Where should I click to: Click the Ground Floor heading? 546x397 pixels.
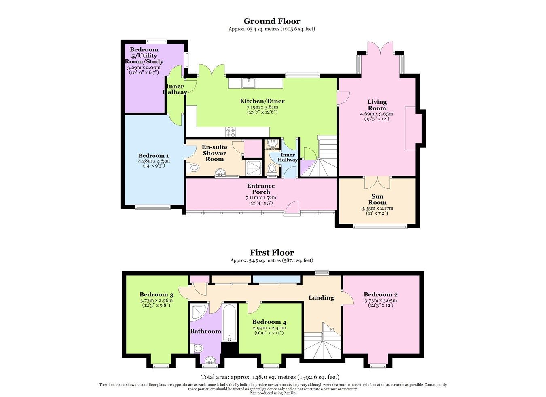pos(272,21)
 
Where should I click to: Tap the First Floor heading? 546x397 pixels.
pos(272,253)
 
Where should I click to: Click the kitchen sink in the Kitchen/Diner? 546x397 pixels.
pos(249,83)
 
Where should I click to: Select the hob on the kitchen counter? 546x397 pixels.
pos(231,132)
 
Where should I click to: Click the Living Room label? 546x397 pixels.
pos(377,105)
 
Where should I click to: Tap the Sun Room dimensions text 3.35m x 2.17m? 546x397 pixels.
pos(377,208)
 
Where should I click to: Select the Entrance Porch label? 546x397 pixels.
pos(261,189)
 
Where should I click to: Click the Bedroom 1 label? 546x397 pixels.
pos(153,156)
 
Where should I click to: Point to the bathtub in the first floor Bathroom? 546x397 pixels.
pos(229,321)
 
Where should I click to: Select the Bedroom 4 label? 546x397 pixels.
pos(269,322)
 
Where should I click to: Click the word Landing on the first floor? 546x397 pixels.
pos(321,298)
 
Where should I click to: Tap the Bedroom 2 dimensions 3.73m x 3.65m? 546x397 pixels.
pos(380,300)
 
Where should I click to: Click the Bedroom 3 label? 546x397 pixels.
pos(157,294)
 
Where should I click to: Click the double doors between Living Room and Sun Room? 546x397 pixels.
pos(377,182)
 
